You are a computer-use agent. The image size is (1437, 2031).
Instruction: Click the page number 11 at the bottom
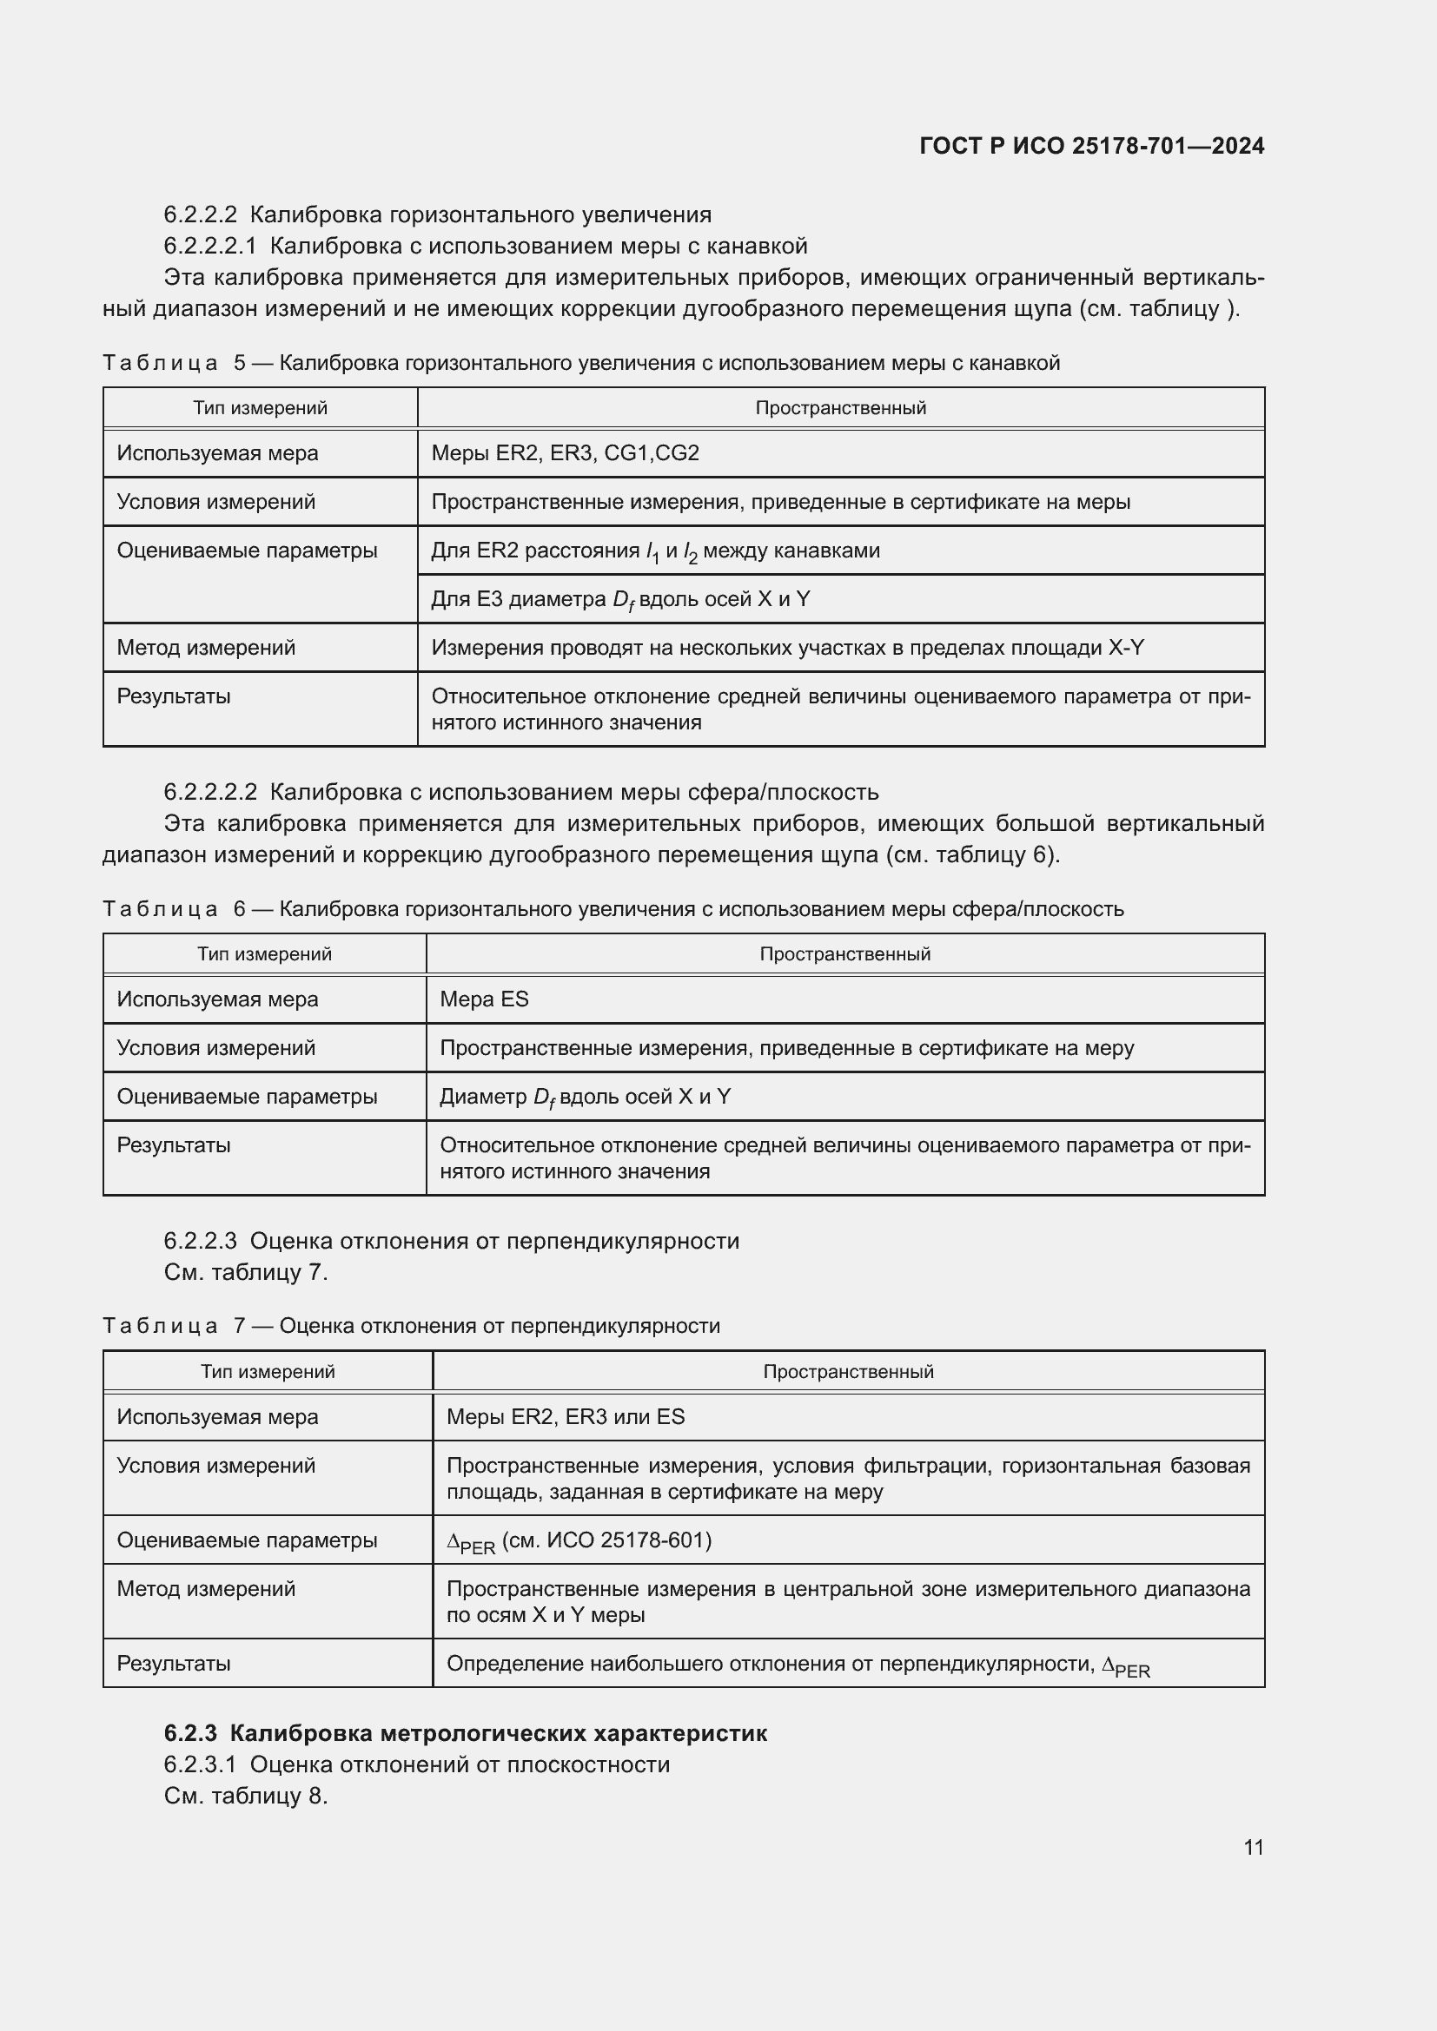coord(1253,1847)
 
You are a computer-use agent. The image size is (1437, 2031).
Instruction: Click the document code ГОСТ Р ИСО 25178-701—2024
coord(1092,146)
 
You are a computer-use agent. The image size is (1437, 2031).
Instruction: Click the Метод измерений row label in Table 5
coord(206,648)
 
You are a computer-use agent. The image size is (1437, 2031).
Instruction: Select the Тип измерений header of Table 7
coord(268,1371)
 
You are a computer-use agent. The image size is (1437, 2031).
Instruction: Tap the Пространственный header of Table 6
coord(844,953)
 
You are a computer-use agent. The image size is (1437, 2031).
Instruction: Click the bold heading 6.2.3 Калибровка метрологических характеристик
coord(466,1733)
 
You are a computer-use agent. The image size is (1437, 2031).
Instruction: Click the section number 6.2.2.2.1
coord(209,246)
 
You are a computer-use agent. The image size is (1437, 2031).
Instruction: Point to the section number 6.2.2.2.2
coord(209,792)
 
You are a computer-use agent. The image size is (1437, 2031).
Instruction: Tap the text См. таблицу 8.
coord(245,1796)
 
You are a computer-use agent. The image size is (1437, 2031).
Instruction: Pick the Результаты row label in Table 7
coord(174,1663)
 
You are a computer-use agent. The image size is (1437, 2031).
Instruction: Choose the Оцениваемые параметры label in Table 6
coord(247,1096)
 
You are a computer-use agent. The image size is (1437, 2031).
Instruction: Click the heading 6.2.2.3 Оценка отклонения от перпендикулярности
coord(451,1241)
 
